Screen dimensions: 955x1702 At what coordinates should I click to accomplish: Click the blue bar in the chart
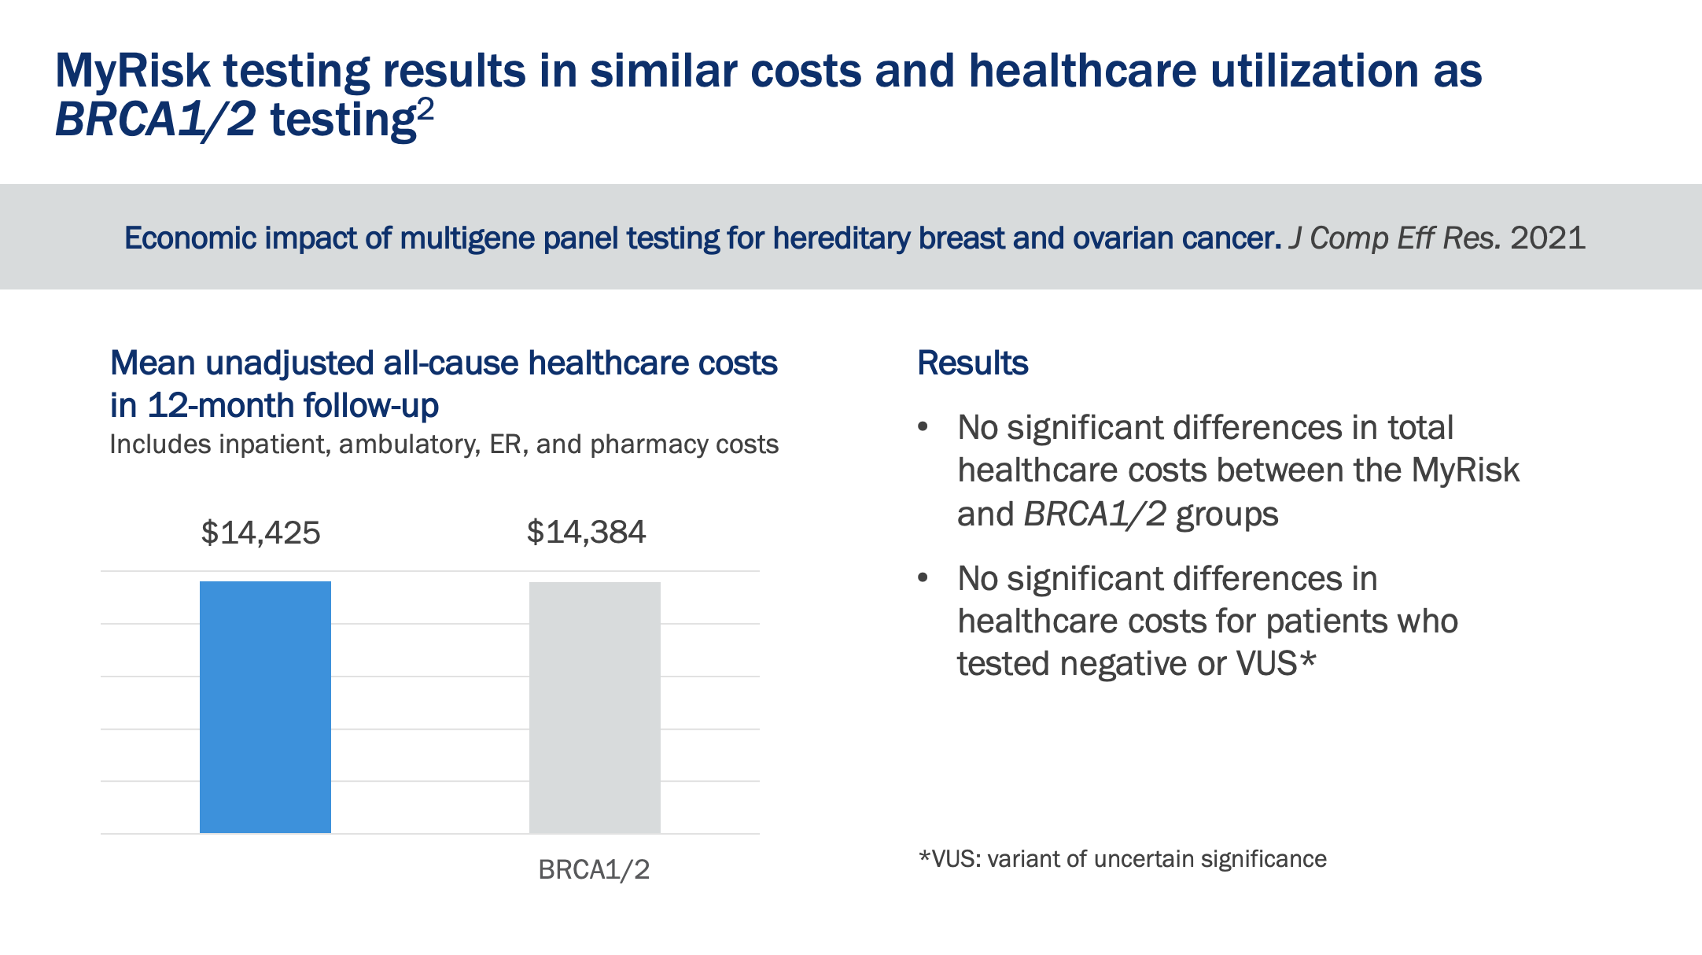point(265,706)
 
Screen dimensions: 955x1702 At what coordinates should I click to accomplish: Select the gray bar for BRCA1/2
point(595,706)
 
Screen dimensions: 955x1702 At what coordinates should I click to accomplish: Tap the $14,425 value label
point(261,533)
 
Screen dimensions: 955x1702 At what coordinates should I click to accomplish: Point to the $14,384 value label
point(586,533)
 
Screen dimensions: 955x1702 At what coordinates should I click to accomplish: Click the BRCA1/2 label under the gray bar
point(594,869)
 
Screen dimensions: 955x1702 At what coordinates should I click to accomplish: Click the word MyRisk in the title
point(132,71)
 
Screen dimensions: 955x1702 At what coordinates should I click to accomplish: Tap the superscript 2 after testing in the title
point(425,109)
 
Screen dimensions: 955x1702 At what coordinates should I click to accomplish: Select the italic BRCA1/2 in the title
point(155,120)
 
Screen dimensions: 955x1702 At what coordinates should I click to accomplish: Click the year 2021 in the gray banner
point(1547,238)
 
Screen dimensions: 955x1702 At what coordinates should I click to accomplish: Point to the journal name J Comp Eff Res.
point(1394,238)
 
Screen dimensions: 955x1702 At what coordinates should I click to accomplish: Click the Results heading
point(972,363)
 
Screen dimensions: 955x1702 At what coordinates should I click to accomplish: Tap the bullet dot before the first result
point(923,427)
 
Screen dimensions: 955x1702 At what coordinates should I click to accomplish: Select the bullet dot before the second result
point(923,578)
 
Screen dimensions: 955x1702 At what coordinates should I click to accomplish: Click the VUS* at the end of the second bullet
point(1276,663)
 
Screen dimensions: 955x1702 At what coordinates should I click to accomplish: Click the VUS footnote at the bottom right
point(1122,858)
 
